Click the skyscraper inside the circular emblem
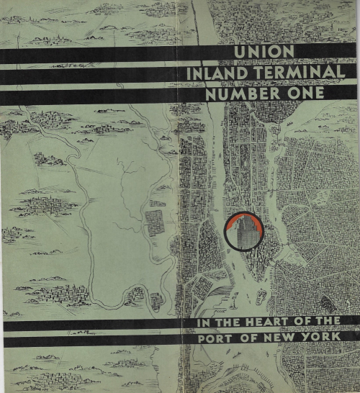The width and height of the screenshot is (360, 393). coord(243,229)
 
